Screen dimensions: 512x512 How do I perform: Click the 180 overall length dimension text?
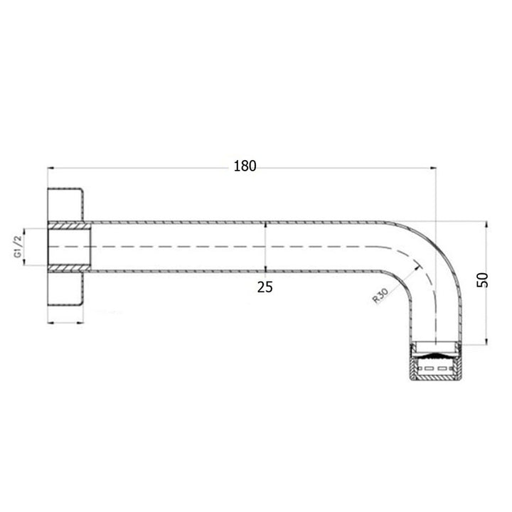(x=244, y=166)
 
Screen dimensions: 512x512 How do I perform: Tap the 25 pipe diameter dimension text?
(x=265, y=287)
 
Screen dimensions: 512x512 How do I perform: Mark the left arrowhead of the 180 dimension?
(x=50, y=168)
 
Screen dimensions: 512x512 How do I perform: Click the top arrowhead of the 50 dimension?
(x=486, y=222)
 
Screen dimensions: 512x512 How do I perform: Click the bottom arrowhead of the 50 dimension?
(x=486, y=341)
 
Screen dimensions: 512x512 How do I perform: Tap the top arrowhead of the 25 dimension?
(x=265, y=223)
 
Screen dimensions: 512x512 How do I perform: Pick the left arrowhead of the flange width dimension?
(x=50, y=321)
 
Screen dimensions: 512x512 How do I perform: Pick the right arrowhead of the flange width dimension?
(x=82, y=321)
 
